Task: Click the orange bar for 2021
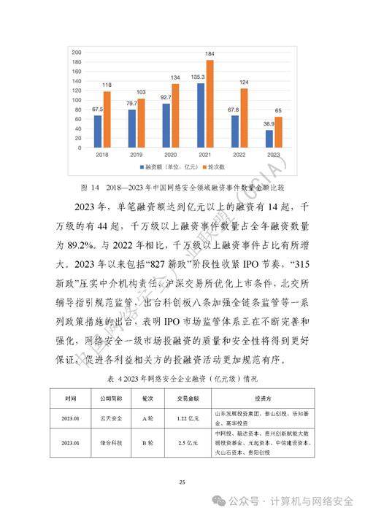pyautogui.click(x=210, y=104)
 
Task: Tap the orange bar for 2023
pyautogui.click(x=277, y=131)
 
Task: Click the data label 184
pyautogui.click(x=210, y=55)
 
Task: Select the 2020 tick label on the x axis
pyautogui.click(x=170, y=155)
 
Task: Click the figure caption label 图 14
pyautogui.click(x=88, y=185)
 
